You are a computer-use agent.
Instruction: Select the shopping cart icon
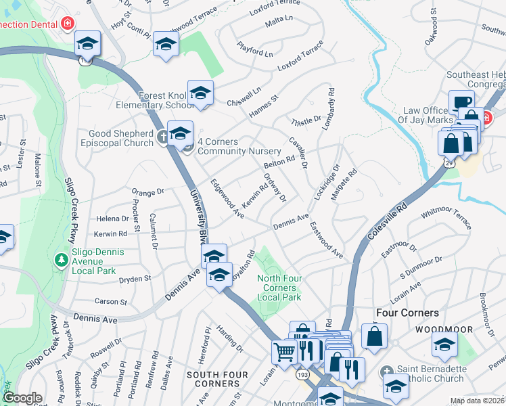pyautogui.click(x=283, y=351)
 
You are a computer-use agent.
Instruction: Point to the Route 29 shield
pyautogui.click(x=449, y=163)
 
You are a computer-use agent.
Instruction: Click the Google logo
pyautogui.click(x=22, y=398)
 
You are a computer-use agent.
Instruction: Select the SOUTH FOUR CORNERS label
pyautogui.click(x=213, y=379)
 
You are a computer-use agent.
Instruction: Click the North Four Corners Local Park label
pyautogui.click(x=279, y=288)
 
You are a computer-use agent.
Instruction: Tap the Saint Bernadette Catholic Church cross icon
pyautogui.click(x=386, y=370)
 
